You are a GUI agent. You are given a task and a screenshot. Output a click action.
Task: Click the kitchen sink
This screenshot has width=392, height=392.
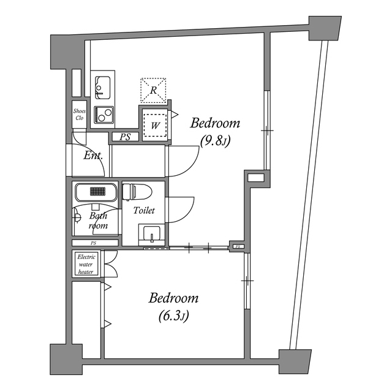[102, 88]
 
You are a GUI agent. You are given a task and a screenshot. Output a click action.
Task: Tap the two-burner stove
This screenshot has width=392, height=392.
[104, 115]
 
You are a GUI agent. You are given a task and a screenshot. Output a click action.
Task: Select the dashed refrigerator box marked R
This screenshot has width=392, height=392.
[153, 90]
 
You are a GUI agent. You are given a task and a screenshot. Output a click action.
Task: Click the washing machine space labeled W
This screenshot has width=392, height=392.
[155, 126]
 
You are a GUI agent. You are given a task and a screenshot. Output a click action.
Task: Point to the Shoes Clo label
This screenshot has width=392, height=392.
[80, 115]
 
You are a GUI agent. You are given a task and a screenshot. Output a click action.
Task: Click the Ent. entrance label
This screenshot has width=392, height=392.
[92, 155]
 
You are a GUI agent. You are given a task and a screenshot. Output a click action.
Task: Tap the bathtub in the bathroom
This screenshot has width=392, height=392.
[96, 192]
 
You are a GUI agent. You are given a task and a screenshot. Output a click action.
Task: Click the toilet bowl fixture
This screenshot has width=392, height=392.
[137, 192]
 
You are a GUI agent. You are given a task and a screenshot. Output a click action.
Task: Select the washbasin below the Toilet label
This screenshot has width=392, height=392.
[151, 235]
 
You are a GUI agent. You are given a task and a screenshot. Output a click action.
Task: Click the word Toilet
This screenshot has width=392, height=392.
[144, 210]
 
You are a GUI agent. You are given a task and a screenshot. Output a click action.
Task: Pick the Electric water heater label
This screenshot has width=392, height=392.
[86, 264]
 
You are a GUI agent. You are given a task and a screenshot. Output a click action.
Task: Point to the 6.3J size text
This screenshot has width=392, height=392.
[173, 317]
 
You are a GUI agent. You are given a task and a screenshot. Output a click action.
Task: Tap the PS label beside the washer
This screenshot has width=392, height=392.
[125, 137]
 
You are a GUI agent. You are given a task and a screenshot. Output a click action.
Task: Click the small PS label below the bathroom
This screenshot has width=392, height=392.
[94, 243]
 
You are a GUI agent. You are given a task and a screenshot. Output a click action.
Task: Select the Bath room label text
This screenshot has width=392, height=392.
[98, 221]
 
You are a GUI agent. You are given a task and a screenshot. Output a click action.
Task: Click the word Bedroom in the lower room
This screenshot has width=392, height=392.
[173, 298]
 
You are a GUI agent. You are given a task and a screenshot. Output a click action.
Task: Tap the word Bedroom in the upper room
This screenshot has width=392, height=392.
[215, 123]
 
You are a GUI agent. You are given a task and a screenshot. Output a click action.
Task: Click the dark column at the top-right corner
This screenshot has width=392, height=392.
[325, 28]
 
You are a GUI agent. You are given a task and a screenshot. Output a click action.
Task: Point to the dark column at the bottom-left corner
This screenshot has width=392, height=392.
[66, 359]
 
